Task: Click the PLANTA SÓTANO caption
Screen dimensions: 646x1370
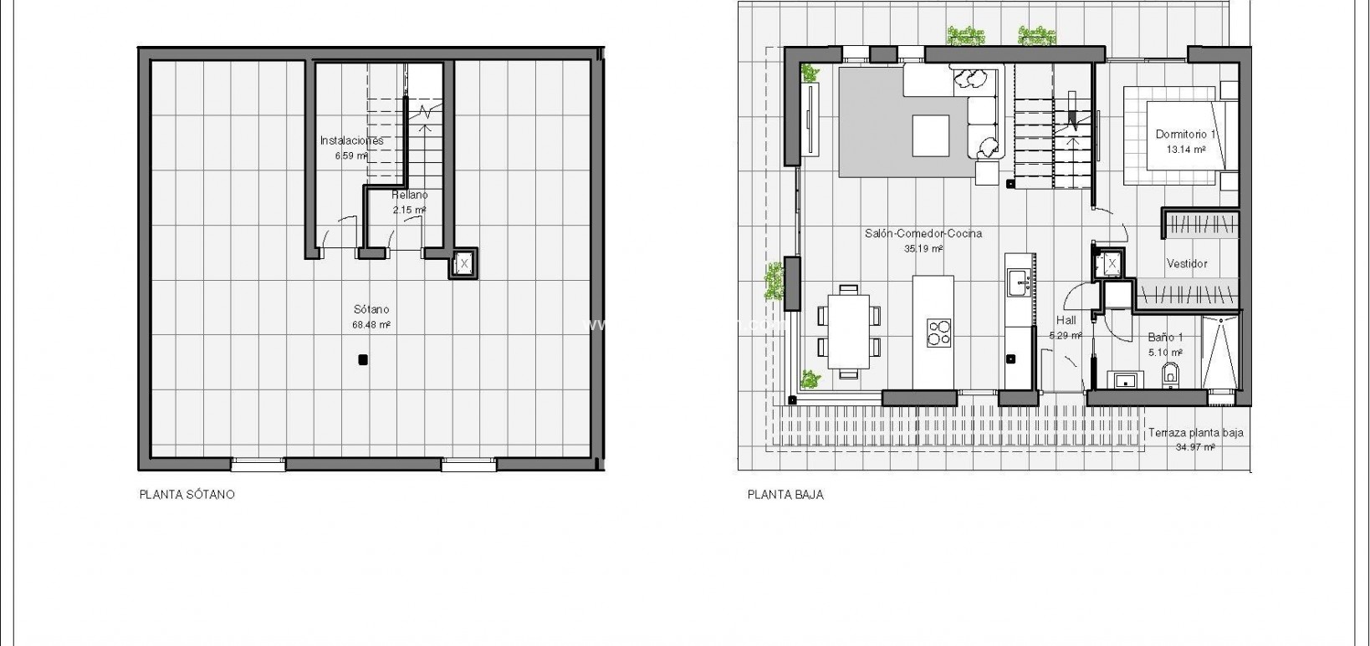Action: coord(187,495)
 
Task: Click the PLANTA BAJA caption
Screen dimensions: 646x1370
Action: coord(785,495)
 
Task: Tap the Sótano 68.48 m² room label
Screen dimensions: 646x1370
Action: coord(371,317)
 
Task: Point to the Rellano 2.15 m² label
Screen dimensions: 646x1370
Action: coord(410,201)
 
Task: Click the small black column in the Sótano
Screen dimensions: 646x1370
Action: coord(362,360)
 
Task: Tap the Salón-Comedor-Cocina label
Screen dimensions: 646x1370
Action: coord(923,241)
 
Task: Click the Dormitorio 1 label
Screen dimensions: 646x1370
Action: coord(1185,141)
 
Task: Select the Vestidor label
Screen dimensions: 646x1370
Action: coord(1187,263)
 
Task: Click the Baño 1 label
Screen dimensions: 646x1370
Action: coord(1165,344)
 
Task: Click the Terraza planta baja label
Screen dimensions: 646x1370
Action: coord(1195,440)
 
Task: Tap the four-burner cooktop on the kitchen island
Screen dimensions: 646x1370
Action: coord(939,332)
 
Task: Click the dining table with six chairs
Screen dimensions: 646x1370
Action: coord(849,331)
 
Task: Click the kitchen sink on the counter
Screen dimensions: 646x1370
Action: coord(1020,282)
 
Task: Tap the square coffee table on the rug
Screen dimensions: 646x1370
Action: coord(931,135)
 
